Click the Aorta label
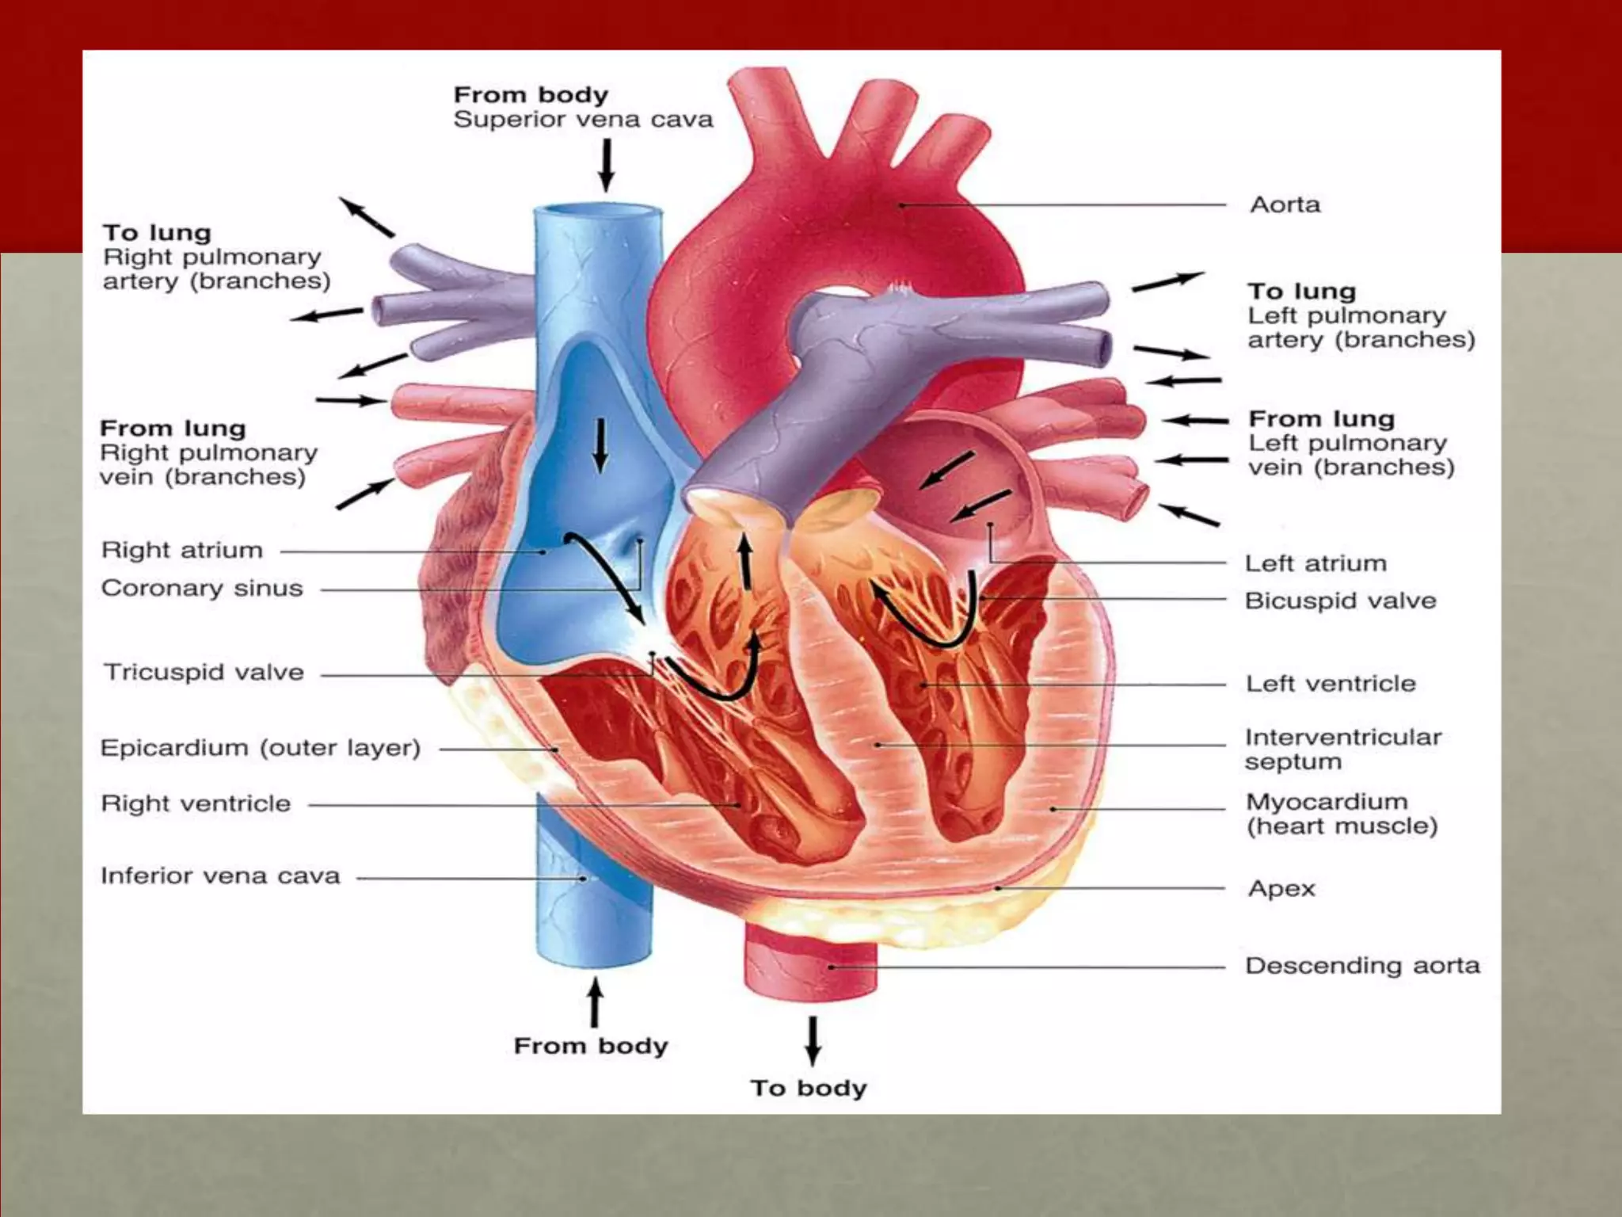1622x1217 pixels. [1285, 205]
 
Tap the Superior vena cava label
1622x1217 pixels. [583, 120]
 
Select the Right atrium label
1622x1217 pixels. [181, 550]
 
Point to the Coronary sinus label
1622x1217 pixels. [202, 588]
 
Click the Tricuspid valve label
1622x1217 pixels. [204, 673]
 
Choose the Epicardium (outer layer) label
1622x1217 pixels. [260, 748]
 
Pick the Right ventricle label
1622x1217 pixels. [196, 803]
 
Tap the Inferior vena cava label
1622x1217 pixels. [220, 876]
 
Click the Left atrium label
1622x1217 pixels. [1315, 563]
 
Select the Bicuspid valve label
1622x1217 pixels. [1340, 601]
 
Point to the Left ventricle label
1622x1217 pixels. [1331, 683]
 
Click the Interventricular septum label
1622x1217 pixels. [1342, 749]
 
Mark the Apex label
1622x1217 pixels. [1281, 888]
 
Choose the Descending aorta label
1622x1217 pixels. [1362, 965]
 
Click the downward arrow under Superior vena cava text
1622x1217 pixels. [607, 165]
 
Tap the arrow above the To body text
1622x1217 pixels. [813, 1040]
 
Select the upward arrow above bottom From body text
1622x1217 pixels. [595, 1001]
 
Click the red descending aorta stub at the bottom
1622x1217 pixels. [810, 963]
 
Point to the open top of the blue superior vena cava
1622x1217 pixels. [598, 211]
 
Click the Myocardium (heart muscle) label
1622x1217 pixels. [1342, 814]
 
